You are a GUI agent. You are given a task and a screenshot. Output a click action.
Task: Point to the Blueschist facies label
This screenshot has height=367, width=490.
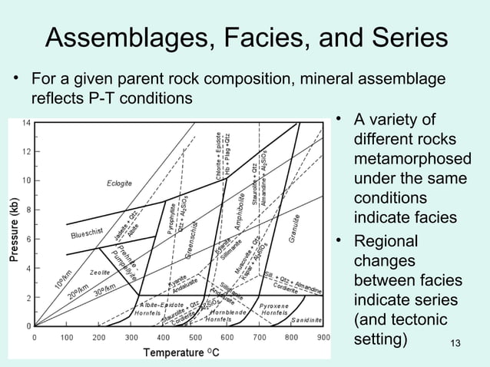(x=87, y=232)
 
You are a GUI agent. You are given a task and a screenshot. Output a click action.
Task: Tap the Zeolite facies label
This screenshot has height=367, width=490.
(x=99, y=273)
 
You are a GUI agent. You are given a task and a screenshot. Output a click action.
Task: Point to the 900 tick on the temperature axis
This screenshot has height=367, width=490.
(x=323, y=336)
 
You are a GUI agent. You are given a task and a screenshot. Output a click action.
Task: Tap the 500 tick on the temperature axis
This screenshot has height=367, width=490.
(x=195, y=336)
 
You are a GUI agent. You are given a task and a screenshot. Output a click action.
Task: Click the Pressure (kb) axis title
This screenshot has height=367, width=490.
(x=13, y=230)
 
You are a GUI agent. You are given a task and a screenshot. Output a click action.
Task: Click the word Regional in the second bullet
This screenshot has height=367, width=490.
(x=386, y=241)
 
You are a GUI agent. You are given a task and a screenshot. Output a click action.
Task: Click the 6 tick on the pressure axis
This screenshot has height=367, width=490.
(x=28, y=239)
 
